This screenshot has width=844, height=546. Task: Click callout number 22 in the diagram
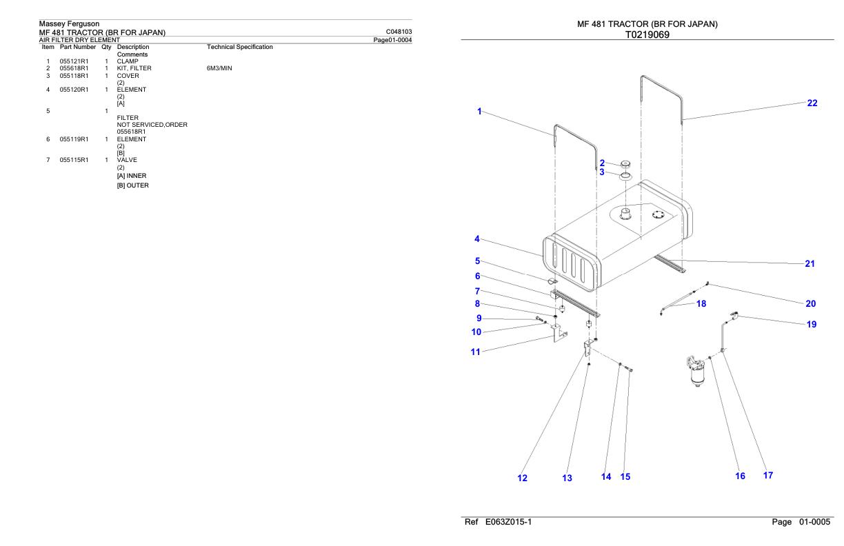click(812, 103)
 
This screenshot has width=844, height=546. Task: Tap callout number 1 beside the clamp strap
click(479, 112)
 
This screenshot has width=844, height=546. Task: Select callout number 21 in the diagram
click(810, 264)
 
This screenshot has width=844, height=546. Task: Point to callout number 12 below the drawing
click(522, 478)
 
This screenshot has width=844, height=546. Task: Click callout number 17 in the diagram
click(768, 476)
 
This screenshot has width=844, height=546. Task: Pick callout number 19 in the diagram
click(811, 325)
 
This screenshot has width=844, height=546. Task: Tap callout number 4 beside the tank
click(477, 239)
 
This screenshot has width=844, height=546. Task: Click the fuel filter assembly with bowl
click(696, 371)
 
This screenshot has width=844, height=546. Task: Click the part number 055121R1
click(74, 61)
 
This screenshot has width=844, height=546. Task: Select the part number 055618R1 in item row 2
click(74, 68)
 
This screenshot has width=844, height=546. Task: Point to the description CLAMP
click(128, 61)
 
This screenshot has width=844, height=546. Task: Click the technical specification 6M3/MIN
click(219, 68)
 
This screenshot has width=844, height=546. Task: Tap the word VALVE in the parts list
click(127, 160)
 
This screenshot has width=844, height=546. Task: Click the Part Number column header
click(78, 47)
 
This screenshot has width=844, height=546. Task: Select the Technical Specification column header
click(240, 47)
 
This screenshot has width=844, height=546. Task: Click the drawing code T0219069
click(647, 34)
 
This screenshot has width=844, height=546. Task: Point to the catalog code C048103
click(399, 32)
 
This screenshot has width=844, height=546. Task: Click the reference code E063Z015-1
click(508, 522)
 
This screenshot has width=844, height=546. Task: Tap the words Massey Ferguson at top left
click(69, 23)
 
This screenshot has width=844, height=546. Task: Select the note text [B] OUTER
click(132, 185)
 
